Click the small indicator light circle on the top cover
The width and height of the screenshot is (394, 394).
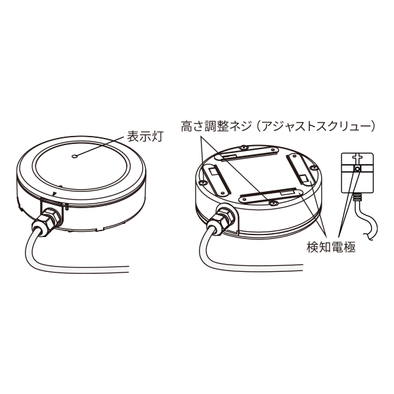point(76,156)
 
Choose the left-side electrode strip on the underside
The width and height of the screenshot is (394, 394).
point(214,178)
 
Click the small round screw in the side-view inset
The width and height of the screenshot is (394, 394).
point(357,169)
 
